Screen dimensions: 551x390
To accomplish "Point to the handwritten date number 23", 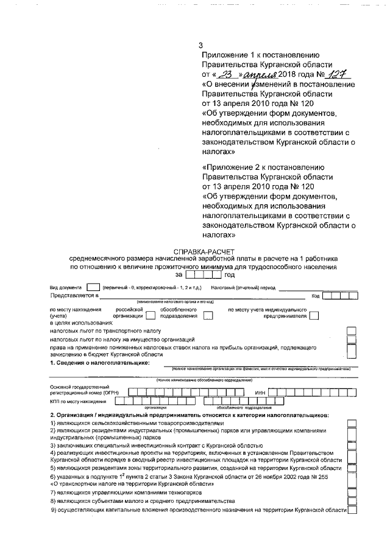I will point(225,74).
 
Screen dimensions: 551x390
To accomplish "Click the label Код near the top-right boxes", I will point(316,296).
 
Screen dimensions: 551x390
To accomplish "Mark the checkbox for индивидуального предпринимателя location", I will point(313,315).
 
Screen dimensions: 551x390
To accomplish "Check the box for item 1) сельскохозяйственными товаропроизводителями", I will point(352,422).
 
